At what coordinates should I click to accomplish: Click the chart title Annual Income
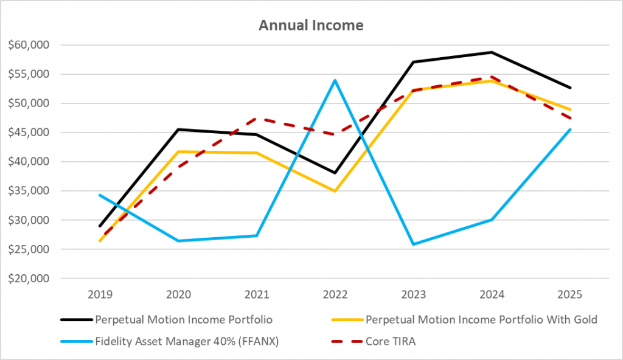(x=311, y=25)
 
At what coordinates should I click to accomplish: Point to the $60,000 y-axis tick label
(x=31, y=45)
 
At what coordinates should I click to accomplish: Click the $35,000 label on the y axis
(x=31, y=191)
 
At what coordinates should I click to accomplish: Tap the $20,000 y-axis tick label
(x=31, y=279)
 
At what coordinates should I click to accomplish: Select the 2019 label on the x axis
(x=100, y=295)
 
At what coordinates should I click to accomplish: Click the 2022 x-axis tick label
(x=335, y=295)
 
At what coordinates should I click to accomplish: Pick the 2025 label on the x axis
(x=569, y=295)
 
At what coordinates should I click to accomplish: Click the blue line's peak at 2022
(x=335, y=80)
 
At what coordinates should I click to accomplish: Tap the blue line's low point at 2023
(x=414, y=244)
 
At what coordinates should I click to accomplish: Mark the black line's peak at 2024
(x=492, y=52)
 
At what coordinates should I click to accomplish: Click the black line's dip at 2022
(x=335, y=173)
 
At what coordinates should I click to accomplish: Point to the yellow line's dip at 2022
(x=335, y=191)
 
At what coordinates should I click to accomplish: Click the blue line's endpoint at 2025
(x=569, y=130)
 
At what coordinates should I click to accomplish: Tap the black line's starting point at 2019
(x=100, y=226)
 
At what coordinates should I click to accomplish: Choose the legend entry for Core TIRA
(x=390, y=341)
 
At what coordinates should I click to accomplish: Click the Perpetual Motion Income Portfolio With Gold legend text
(x=481, y=319)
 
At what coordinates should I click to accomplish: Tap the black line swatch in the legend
(x=76, y=319)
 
